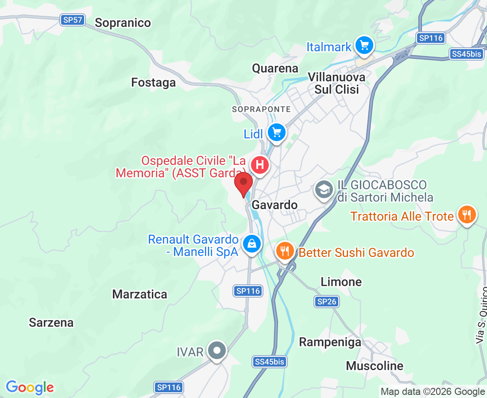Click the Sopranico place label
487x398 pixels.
point(123,23)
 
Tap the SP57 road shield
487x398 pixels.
point(73,20)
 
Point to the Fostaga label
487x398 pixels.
point(154,83)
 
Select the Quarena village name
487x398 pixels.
point(275,69)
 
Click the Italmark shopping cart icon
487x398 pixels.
point(364,45)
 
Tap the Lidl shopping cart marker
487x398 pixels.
point(277,132)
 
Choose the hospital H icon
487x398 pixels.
point(260,165)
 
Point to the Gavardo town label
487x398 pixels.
point(274,205)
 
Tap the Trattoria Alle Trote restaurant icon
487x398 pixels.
point(466,215)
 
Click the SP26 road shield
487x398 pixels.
point(327,302)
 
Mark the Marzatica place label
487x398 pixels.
point(140,295)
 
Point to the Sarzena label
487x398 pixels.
point(51,323)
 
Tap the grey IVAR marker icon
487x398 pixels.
point(217,351)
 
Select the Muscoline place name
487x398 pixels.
point(375,366)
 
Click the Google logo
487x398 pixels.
point(30,387)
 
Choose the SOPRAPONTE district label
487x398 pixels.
point(262,109)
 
